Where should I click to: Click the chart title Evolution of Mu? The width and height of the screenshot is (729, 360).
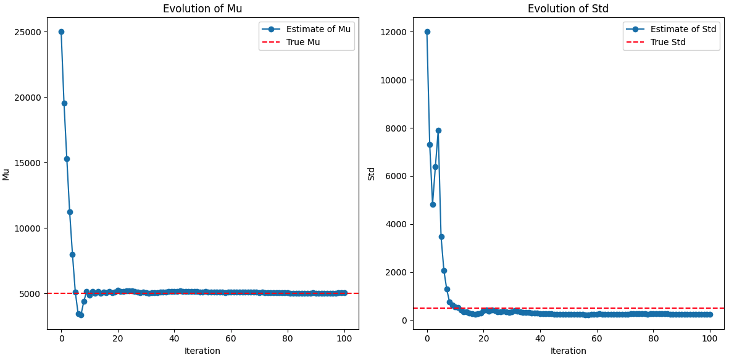202,9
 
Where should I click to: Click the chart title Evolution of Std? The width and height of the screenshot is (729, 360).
568,9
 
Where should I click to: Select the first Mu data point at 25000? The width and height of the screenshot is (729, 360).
61,31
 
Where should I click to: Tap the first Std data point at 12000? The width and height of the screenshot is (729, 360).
427,31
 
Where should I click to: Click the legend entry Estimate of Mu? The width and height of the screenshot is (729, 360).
318,29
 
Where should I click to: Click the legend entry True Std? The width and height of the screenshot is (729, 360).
668,42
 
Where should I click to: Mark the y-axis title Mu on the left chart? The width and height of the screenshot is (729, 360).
6,174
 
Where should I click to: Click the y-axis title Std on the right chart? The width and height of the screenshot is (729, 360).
372,174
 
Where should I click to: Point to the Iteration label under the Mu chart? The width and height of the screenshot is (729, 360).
202,351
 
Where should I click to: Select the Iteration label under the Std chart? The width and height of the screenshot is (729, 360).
568,351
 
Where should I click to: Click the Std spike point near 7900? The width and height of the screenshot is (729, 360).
438,130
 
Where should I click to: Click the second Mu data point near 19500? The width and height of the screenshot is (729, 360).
64,103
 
